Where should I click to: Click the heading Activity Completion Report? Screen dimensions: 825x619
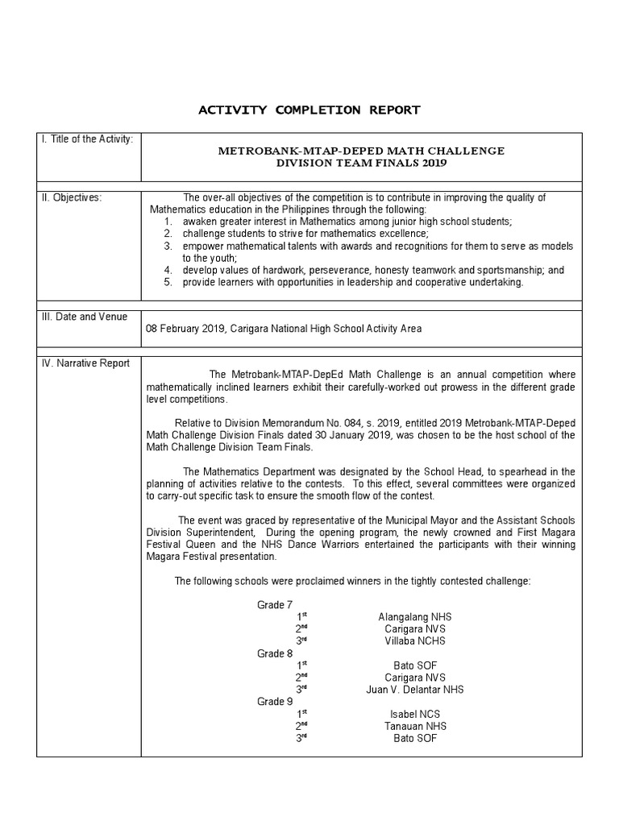(x=309, y=110)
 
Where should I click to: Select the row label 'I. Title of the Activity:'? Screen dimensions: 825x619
(x=87, y=139)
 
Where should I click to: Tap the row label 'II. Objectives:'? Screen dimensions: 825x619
(x=72, y=197)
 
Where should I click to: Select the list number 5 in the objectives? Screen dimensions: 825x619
(x=168, y=282)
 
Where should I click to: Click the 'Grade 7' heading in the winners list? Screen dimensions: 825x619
(x=275, y=605)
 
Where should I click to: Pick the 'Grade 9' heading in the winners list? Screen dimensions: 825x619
(x=275, y=702)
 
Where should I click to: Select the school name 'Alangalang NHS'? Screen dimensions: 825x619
(x=415, y=617)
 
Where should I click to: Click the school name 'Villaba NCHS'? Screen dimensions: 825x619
(x=415, y=641)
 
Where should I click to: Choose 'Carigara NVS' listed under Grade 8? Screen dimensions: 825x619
(x=415, y=678)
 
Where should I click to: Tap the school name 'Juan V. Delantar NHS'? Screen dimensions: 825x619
(x=415, y=690)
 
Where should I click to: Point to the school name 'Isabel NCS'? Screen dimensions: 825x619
(x=415, y=714)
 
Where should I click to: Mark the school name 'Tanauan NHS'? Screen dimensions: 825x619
(x=415, y=726)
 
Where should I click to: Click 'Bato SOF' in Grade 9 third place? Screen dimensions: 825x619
(x=415, y=738)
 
